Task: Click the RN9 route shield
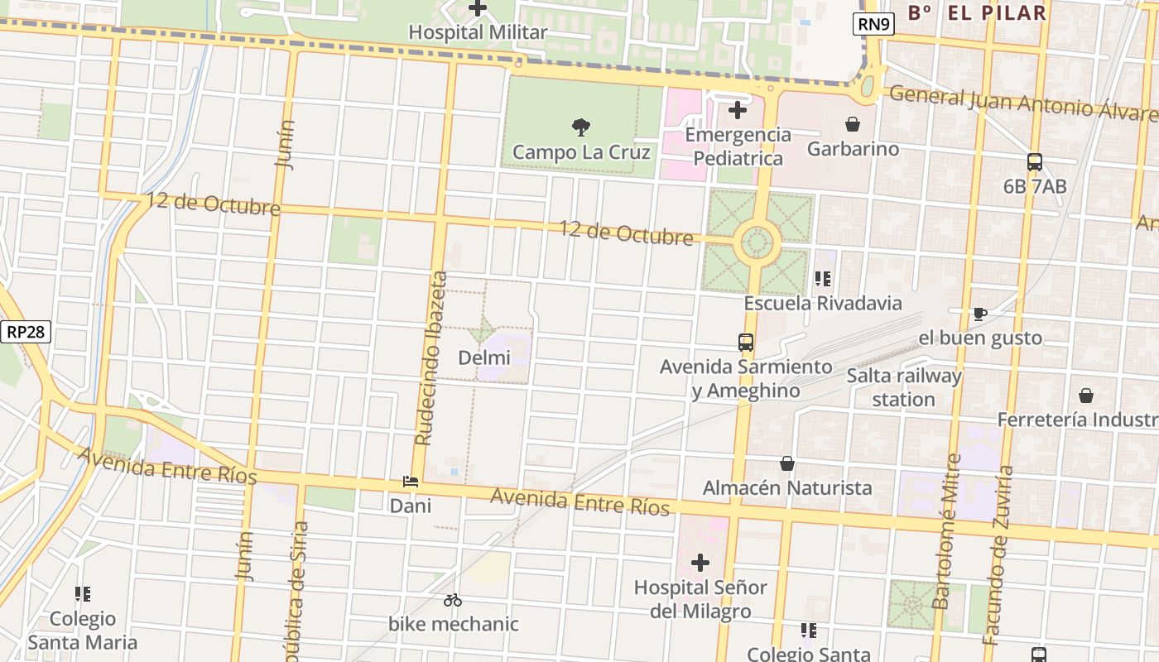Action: tap(873, 24)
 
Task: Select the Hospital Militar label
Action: tap(479, 32)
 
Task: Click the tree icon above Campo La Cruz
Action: tap(581, 127)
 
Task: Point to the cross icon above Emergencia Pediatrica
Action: tap(737, 109)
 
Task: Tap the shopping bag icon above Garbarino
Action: tap(853, 124)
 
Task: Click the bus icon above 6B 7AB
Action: tap(1035, 161)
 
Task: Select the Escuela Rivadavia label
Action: tap(823, 303)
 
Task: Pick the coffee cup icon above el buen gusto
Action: tap(980, 313)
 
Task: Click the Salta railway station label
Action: tap(904, 387)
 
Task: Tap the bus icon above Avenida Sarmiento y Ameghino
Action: tap(746, 341)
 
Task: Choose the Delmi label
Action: tap(484, 357)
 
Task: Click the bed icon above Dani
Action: tap(410, 481)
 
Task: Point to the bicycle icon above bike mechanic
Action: tap(453, 600)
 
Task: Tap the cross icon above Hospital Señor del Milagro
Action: tap(700, 563)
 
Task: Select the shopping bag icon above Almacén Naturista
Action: tap(786, 463)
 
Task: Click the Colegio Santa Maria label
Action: tap(83, 630)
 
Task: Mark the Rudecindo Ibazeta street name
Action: tap(431, 358)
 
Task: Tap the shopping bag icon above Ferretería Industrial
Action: tap(1085, 396)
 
